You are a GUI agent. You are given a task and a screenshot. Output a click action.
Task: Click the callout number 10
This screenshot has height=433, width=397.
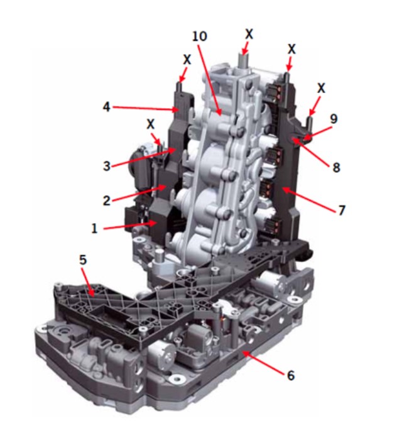(199, 36)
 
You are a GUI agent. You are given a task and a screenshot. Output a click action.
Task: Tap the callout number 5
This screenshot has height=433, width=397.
(83, 260)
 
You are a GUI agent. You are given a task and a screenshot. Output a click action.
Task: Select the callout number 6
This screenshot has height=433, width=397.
(291, 376)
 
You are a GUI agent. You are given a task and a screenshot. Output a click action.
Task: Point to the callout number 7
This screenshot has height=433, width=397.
(342, 210)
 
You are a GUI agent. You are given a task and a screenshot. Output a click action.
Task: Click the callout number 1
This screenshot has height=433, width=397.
(94, 228)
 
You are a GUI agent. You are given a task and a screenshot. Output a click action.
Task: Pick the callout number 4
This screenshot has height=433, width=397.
(107, 107)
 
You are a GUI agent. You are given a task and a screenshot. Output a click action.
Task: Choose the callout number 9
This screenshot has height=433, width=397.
(334, 119)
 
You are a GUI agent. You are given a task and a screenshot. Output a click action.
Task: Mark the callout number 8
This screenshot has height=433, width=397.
(336, 167)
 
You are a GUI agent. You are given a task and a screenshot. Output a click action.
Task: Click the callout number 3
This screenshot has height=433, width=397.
(107, 166)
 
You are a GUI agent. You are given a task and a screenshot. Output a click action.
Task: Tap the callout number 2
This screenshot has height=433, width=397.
(107, 200)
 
